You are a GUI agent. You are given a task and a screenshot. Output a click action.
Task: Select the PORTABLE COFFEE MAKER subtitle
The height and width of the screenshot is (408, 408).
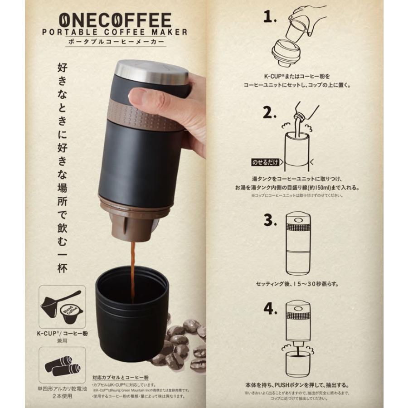point(114,33)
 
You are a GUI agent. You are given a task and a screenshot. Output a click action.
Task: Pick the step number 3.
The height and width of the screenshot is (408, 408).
point(271,221)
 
